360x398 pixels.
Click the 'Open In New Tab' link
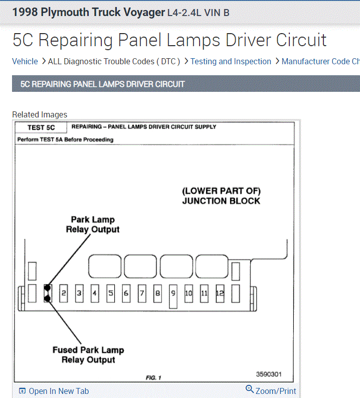coord(58,391)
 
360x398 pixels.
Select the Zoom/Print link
coord(276,390)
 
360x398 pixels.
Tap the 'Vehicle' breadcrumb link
coord(25,61)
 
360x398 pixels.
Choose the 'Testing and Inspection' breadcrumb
coord(231,61)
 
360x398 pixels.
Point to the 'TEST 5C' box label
coord(41,127)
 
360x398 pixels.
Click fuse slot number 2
coord(64,293)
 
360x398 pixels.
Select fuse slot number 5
coord(111,293)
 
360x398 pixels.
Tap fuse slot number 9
coord(173,293)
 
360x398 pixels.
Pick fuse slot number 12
coord(220,293)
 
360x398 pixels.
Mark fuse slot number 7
coord(142,293)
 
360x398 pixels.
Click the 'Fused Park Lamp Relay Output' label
coord(88,355)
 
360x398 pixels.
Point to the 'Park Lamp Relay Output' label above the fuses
coord(93,224)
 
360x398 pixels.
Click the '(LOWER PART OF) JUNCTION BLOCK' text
coord(221,196)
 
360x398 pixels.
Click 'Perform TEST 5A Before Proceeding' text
coord(65,140)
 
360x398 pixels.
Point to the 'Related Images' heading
coord(40,114)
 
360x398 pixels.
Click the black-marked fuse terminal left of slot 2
coord(48,293)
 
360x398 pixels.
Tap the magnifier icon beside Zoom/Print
coord(250,389)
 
